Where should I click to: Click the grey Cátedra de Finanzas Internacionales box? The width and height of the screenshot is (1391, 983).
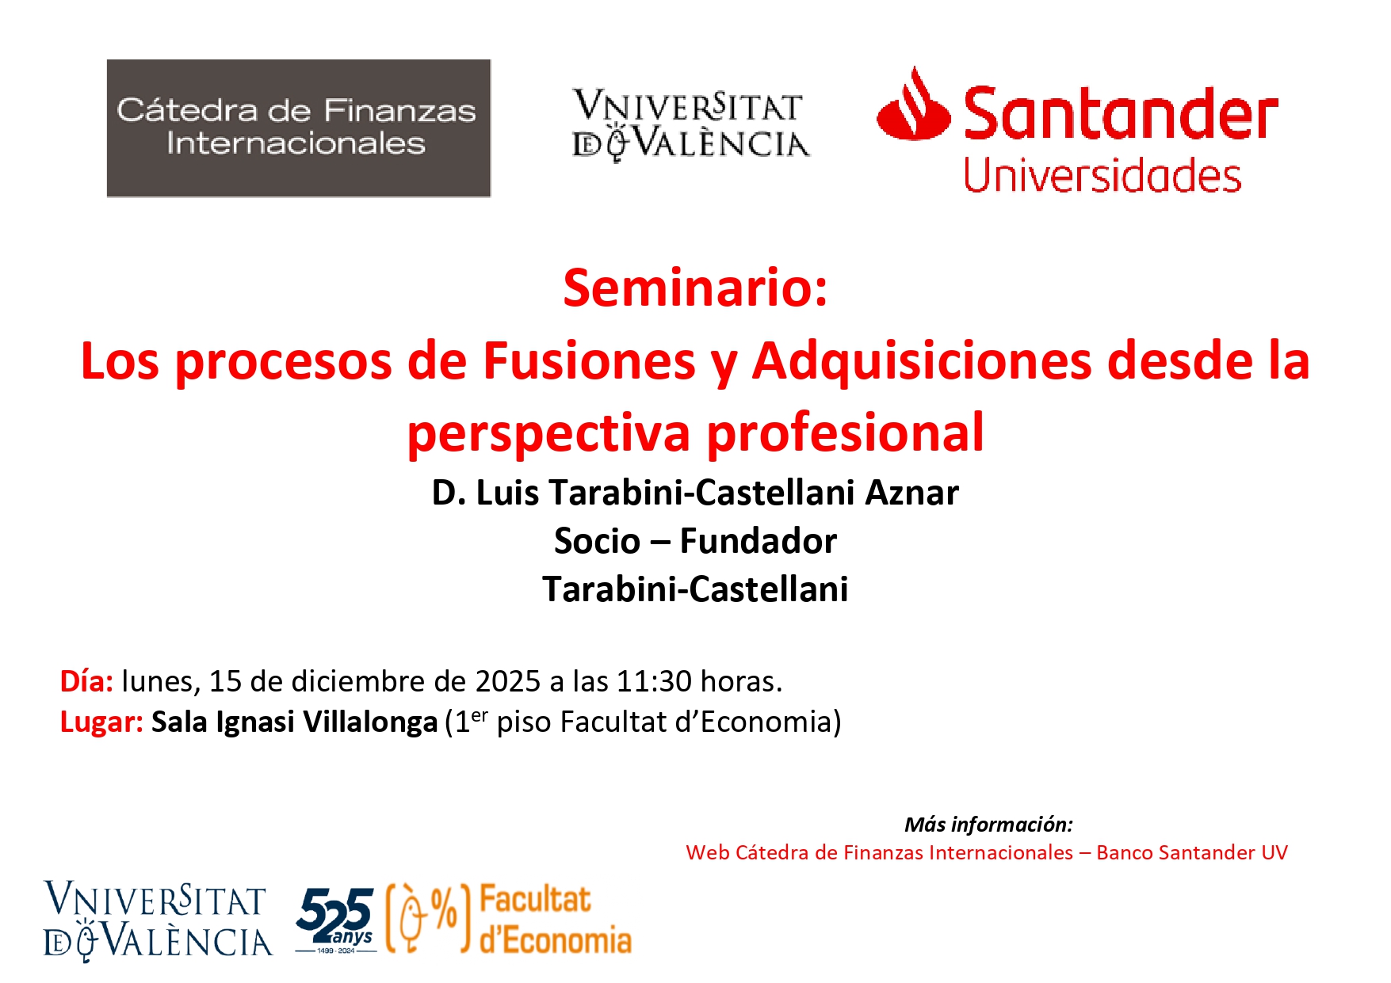click(x=299, y=128)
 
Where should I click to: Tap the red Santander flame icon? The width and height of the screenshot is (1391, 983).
click(x=913, y=105)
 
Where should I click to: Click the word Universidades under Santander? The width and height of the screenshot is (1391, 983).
click(x=1102, y=176)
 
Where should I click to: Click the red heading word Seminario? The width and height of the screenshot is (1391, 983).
click(x=695, y=288)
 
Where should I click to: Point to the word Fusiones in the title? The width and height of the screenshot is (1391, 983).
click(x=589, y=360)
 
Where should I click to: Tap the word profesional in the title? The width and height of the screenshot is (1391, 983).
click(x=845, y=432)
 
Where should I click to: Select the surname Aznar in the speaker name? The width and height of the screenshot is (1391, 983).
click(x=911, y=493)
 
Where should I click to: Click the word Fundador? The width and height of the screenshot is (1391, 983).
click(x=758, y=541)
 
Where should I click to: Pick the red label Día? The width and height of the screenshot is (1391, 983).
click(x=86, y=681)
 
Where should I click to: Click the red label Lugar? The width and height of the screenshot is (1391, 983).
click(x=101, y=722)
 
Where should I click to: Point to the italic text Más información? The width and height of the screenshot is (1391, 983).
click(x=988, y=825)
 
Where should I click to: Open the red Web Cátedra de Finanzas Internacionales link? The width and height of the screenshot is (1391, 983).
click(x=986, y=852)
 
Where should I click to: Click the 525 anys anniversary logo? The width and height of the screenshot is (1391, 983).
click(x=335, y=919)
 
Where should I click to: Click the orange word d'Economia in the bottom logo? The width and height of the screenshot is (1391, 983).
click(x=556, y=940)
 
